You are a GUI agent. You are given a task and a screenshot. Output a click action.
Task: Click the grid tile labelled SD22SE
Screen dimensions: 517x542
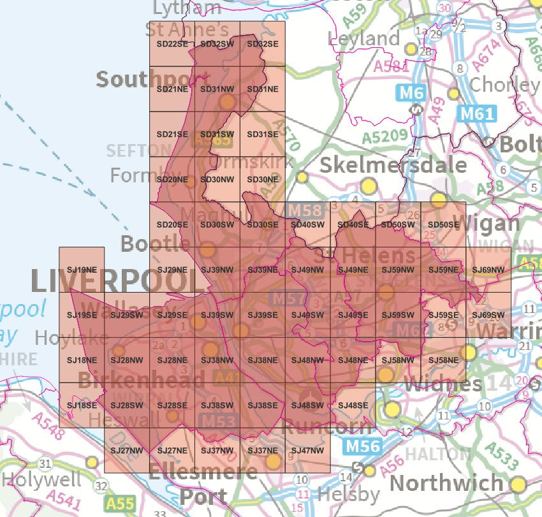172,44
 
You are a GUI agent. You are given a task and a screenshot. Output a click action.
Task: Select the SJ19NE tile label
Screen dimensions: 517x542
81,270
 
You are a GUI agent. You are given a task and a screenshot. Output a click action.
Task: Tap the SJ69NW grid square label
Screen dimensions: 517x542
488,270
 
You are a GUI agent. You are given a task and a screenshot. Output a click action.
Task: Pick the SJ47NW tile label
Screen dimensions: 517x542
307,451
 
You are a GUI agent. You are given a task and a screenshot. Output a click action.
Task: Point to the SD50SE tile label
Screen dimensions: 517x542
443,224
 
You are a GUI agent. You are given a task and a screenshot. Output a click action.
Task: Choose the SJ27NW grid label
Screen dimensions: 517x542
126,451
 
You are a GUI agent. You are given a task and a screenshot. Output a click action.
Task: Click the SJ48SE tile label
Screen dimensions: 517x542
353,405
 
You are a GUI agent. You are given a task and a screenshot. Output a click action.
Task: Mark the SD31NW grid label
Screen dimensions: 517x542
217,89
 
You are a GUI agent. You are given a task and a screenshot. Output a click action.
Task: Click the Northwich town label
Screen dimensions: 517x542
446,483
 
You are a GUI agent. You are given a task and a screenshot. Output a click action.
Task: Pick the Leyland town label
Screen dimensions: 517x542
364,39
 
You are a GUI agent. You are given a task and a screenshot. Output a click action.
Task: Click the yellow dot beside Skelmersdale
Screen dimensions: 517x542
368,186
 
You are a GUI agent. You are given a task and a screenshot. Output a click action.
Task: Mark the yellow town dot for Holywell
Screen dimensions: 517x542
92,462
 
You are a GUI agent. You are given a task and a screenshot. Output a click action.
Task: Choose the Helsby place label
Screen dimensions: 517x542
348,493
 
